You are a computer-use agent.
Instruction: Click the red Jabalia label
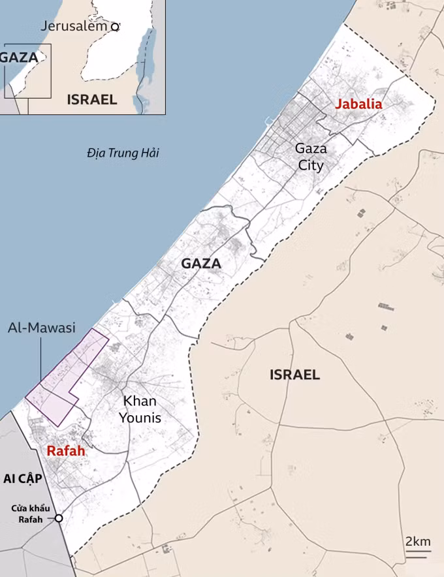[x=358, y=104]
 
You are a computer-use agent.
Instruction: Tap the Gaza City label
[x=311, y=157]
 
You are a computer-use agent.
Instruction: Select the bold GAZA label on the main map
[x=201, y=264]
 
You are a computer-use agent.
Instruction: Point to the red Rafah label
[x=65, y=450]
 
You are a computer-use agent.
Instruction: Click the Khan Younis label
[x=140, y=409]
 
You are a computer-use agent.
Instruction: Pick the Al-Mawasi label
[x=42, y=328]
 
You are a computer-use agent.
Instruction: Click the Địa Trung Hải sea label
[x=123, y=153]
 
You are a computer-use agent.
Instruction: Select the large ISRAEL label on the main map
[x=294, y=375]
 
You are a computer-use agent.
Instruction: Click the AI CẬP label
[x=22, y=479]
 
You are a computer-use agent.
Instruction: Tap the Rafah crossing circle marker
[x=58, y=518]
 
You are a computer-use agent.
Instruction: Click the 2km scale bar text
[x=418, y=541]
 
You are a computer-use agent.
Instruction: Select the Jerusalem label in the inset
[x=74, y=26]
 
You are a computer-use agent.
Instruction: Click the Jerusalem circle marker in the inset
[x=115, y=27]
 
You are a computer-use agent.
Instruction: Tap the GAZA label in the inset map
[x=18, y=57]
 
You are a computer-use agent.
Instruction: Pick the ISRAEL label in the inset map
[x=92, y=99]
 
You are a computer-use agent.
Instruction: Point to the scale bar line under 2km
[x=419, y=553]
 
